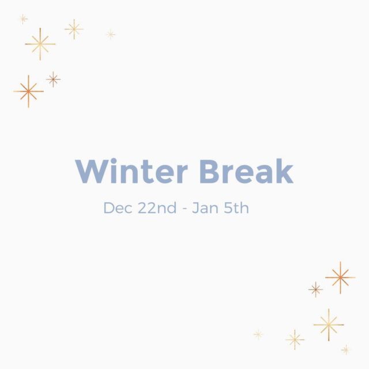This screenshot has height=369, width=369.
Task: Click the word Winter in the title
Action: click(131, 171)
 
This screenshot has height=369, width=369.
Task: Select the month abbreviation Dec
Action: click(118, 208)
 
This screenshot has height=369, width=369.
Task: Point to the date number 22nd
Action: click(157, 208)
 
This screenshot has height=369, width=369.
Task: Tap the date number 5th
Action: click(236, 208)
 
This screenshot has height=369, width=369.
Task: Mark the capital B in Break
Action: click(209, 171)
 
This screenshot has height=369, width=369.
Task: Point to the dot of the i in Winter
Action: click(114, 161)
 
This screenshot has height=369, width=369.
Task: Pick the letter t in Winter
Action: click(146, 172)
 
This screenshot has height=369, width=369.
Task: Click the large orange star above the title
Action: click(28, 91)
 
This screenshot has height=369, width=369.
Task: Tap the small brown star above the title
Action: click(53, 80)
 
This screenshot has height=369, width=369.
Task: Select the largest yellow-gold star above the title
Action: click(40, 44)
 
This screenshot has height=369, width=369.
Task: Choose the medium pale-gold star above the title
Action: click(74, 29)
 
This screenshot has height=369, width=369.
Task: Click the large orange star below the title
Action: click(340, 278)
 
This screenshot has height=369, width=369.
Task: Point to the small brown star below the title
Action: click(315, 289)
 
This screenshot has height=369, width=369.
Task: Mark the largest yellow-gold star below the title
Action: click(329, 325)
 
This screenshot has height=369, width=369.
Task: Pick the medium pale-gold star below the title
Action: click(295, 340)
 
